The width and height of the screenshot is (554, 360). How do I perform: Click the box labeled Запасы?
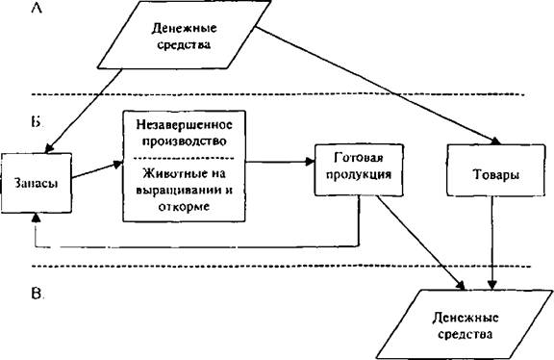click(x=36, y=183)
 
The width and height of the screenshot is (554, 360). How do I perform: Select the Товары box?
click(x=495, y=170)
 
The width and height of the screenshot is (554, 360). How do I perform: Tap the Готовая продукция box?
click(x=359, y=169)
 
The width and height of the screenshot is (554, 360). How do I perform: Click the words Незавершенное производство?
click(x=184, y=133)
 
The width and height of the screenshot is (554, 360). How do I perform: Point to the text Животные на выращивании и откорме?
click(x=184, y=190)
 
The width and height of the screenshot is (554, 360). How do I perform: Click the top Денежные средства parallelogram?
click(x=184, y=35)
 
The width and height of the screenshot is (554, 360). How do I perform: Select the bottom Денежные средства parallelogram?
click(x=465, y=325)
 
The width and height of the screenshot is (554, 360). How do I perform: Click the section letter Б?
click(x=36, y=122)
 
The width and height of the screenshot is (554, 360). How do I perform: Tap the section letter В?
click(x=37, y=294)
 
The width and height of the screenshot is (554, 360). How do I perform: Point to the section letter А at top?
click(x=37, y=8)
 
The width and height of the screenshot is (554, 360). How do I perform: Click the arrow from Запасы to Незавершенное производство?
click(x=97, y=169)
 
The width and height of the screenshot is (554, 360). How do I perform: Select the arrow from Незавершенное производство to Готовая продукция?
click(x=280, y=162)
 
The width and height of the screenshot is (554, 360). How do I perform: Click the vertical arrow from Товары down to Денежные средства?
click(x=492, y=243)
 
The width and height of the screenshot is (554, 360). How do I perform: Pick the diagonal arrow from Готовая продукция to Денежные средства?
click(x=420, y=243)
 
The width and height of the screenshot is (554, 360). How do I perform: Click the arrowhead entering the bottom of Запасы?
click(x=36, y=218)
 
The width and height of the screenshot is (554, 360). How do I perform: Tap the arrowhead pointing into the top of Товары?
click(x=495, y=141)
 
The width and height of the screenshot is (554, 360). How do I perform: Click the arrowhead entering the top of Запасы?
click(x=49, y=148)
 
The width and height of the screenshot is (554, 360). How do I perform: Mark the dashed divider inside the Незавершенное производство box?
click(x=184, y=158)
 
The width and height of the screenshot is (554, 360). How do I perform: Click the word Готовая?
click(x=359, y=157)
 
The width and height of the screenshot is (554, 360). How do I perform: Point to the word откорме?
click(x=184, y=207)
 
